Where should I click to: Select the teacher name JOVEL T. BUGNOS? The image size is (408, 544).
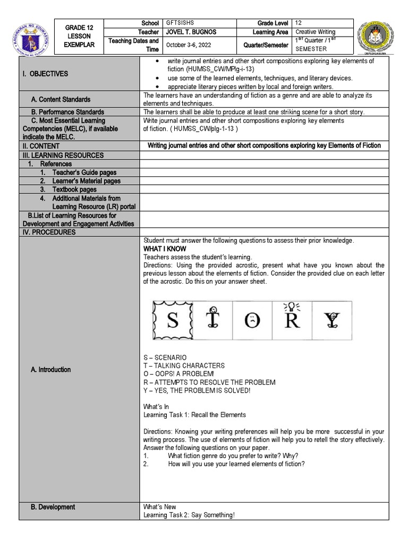tap(191, 32)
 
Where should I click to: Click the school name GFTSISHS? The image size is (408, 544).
tap(180, 23)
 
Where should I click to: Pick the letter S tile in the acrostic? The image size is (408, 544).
tap(173, 321)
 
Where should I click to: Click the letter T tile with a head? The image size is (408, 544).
tap(212, 320)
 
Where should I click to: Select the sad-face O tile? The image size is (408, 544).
tap(252, 321)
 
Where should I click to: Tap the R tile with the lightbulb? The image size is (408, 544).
tap(292, 320)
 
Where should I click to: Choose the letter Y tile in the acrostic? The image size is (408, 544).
tap(331, 321)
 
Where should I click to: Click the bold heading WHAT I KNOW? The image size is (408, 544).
tap(165, 249)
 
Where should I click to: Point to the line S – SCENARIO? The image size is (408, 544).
tap(165, 358)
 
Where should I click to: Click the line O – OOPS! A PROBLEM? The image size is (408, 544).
tap(179, 374)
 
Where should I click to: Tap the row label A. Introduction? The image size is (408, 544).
tap(50, 370)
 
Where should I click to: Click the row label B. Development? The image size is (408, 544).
tap(53, 507)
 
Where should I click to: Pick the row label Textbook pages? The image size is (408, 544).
tap(74, 190)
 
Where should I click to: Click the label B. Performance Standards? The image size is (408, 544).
tap(67, 112)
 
